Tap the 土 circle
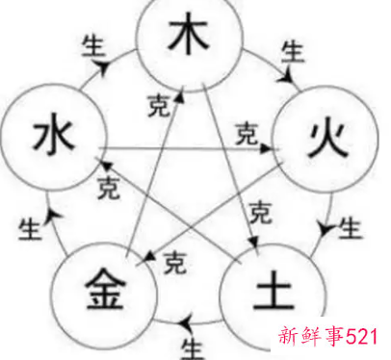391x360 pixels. click(x=262, y=289)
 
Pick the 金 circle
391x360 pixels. click(x=96, y=286)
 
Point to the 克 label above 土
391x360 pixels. click(x=256, y=213)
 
